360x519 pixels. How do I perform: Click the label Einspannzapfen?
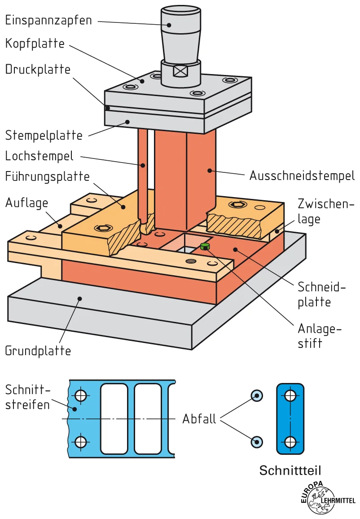click(x=48, y=20)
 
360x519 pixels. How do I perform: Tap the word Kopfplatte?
click(x=35, y=44)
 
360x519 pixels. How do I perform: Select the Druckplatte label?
click(x=38, y=70)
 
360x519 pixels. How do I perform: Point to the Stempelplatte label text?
click(x=44, y=135)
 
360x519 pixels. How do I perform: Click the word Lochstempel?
click(x=40, y=156)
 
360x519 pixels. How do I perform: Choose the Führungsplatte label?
click(x=48, y=176)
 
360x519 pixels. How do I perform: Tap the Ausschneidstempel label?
click(x=302, y=176)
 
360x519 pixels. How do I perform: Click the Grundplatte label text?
click(x=38, y=350)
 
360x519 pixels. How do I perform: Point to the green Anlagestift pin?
click(x=205, y=246)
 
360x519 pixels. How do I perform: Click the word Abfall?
click(x=199, y=418)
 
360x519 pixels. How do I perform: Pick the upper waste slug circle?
click(x=257, y=396)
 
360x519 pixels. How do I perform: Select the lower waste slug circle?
click(x=257, y=441)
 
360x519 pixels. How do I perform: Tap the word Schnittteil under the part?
click(x=290, y=471)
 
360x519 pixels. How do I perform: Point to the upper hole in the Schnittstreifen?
click(x=81, y=396)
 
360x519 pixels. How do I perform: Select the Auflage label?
click(x=26, y=203)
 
